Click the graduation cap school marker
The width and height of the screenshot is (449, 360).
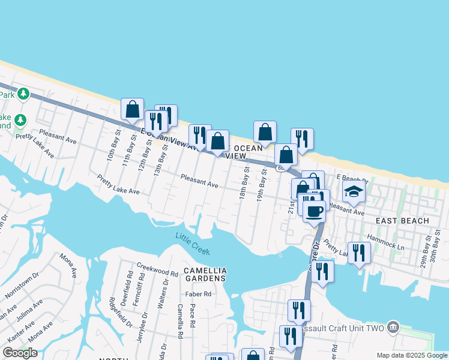354,192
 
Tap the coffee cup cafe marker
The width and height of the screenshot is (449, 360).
315,211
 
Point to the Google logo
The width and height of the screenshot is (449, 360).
20,353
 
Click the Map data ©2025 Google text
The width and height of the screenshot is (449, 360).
412,355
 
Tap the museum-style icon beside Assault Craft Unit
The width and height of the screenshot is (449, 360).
393,327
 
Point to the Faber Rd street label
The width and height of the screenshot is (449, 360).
199,294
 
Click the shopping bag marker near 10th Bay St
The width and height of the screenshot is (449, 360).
132,109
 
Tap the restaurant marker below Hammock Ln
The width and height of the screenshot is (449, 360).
358,253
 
